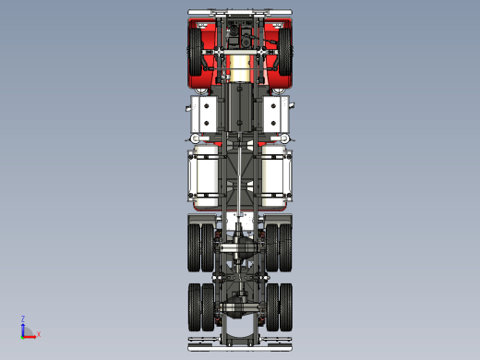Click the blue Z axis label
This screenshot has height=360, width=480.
click(22, 318)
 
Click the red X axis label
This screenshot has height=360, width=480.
click(38, 335)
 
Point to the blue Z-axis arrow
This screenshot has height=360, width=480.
click(22, 327)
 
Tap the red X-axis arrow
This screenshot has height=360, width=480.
click(30, 334)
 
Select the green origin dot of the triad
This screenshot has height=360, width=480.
click(23, 334)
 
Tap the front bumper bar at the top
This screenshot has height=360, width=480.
click(240, 12)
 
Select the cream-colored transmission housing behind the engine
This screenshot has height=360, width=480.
click(240, 68)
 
